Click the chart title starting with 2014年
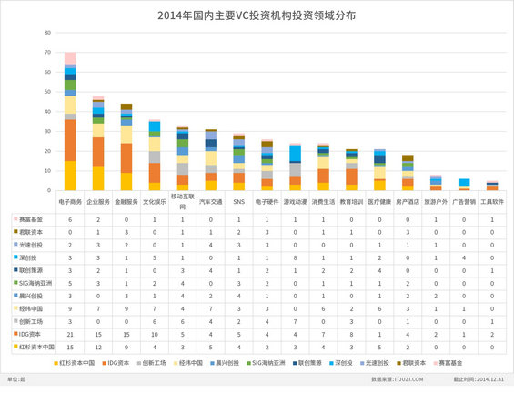tap(257, 16)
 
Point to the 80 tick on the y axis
tap(46, 32)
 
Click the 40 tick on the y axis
tap(46, 111)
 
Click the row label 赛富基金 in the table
tap(32, 220)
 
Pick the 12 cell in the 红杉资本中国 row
tap(98, 347)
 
